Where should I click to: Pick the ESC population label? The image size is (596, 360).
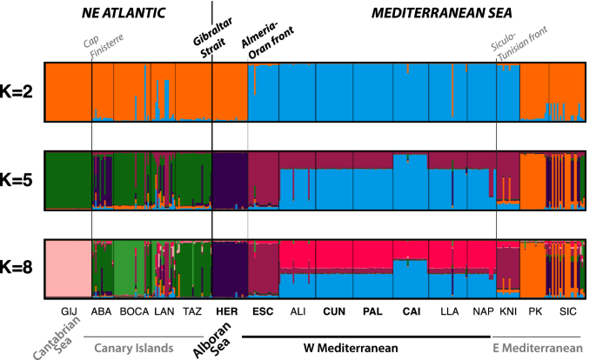(x=264, y=310)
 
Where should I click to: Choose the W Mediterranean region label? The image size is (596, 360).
(x=352, y=347)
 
